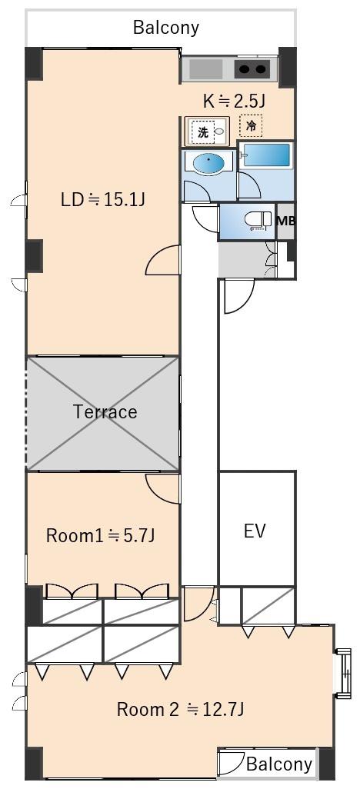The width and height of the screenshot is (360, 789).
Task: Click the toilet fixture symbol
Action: pyautogui.click(x=258, y=221)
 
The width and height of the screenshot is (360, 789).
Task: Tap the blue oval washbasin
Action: pyautogui.click(x=209, y=164)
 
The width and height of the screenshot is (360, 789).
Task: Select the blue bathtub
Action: pyautogui.click(x=265, y=155)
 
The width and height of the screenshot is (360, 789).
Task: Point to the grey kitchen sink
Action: pyautogui.click(x=206, y=69)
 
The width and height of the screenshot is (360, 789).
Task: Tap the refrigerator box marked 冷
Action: pyautogui.click(x=251, y=126)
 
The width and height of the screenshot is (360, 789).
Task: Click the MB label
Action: pyautogui.click(x=286, y=221)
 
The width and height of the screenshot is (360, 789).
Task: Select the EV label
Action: pyautogui.click(x=255, y=531)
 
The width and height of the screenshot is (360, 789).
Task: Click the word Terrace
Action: pyautogui.click(x=105, y=412)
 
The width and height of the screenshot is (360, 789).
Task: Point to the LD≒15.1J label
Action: pyautogui.click(x=103, y=200)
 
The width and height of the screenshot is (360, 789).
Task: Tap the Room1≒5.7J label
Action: pyautogui.click(x=100, y=535)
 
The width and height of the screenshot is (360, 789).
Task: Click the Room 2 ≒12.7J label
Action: pyautogui.click(x=181, y=710)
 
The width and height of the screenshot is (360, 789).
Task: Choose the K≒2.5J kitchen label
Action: pyautogui.click(x=234, y=102)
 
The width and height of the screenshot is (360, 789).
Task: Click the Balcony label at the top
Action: pyautogui.click(x=166, y=27)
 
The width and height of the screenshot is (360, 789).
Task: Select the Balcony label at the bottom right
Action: pyautogui.click(x=279, y=764)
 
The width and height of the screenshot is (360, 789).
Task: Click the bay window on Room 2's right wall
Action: pyautogui.click(x=343, y=673)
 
